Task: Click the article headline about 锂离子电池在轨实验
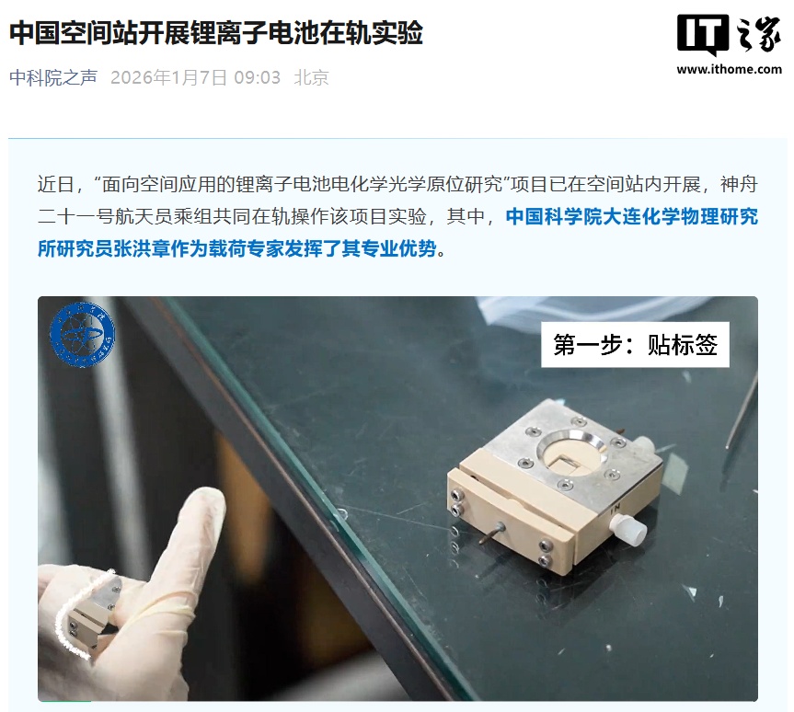(215, 33)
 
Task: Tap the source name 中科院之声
(53, 77)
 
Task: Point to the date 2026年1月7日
(168, 77)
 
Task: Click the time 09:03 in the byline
(258, 77)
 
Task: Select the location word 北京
(311, 77)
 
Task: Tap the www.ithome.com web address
(730, 69)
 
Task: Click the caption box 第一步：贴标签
(635, 344)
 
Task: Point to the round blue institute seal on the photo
(82, 334)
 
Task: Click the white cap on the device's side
(629, 528)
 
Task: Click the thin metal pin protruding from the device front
(491, 534)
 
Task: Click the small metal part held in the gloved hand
(94, 613)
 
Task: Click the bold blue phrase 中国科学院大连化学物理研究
(632, 216)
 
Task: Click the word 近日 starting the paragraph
(56, 184)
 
